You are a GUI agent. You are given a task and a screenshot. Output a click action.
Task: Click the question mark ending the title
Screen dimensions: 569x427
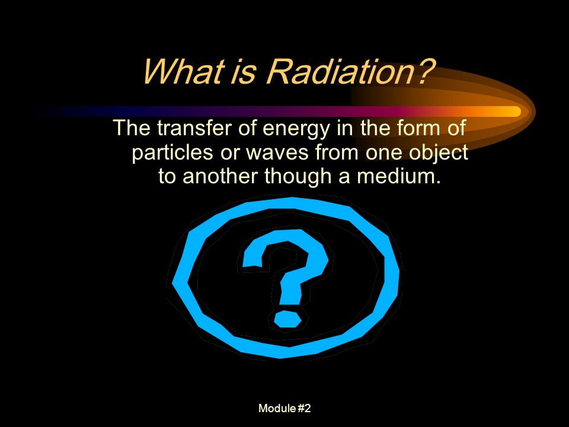pos(424,71)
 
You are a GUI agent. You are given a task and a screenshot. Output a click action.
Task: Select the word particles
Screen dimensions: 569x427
pos(172,153)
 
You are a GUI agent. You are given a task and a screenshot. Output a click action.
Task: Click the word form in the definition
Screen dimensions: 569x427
pos(417,128)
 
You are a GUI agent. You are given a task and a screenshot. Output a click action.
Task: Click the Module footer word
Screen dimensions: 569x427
pos(277,408)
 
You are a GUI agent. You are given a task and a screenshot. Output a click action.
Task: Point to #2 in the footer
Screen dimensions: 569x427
pos(304,408)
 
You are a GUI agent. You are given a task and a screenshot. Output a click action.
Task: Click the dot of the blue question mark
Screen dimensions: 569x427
pos(287,319)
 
